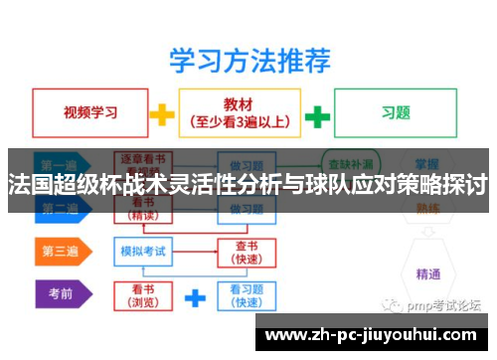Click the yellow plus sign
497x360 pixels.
coord(161,114)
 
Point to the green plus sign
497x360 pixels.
coord(317,115)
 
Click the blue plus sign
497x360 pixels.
coord(195,295)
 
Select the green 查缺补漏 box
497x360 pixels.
coord(350,160)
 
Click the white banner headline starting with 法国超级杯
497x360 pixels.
coord(248,185)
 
